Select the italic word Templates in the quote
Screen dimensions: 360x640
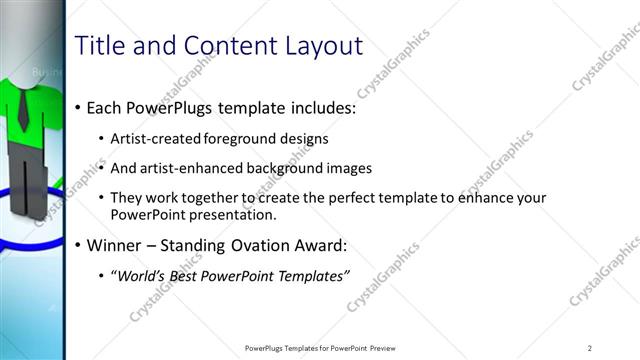click(x=308, y=276)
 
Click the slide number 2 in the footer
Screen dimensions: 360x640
click(x=590, y=347)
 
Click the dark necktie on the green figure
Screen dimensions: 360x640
click(x=22, y=110)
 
